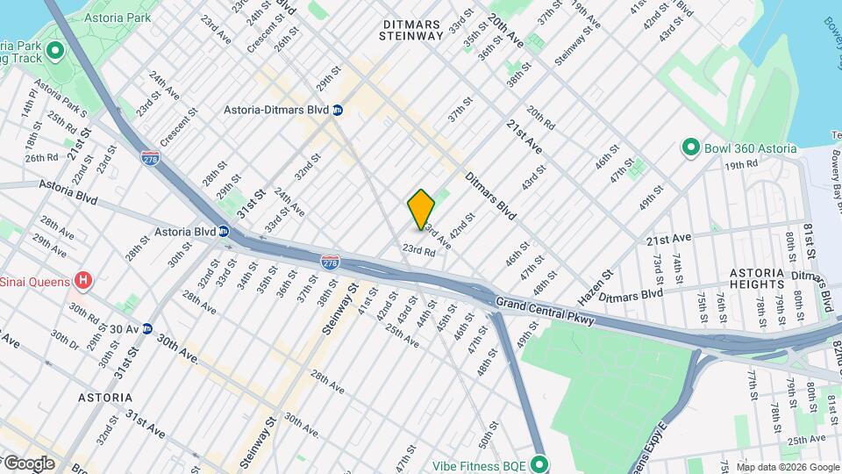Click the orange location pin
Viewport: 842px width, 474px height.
(x=421, y=209)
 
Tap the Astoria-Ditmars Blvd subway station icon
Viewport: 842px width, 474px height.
(x=338, y=111)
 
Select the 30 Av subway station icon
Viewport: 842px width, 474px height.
(x=147, y=329)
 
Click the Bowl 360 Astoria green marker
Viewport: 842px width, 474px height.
(x=690, y=147)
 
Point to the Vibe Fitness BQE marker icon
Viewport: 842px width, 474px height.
(x=539, y=463)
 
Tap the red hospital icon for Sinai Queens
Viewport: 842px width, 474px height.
(x=83, y=281)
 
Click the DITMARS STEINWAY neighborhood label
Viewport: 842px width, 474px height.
(x=411, y=28)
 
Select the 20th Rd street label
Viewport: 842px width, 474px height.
(x=540, y=118)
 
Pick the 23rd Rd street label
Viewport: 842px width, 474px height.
(x=419, y=250)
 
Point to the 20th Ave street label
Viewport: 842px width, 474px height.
(x=506, y=31)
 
